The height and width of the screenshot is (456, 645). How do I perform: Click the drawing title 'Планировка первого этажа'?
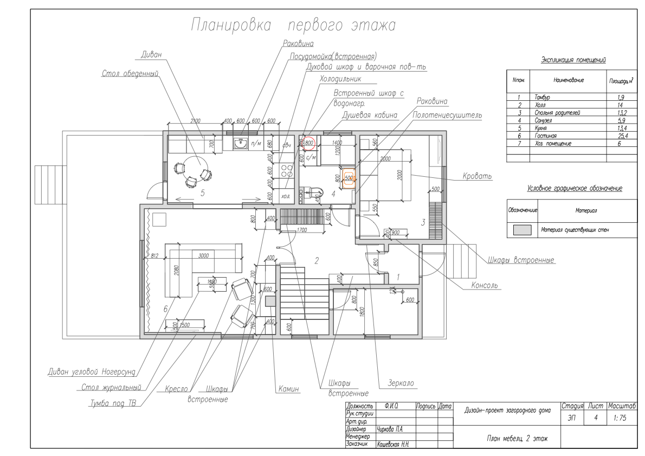293,25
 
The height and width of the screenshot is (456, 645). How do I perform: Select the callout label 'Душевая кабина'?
370,115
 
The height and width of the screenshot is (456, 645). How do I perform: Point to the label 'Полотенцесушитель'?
447,115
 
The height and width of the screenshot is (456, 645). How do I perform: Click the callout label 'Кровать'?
477,177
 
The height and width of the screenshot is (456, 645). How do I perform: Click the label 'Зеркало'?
401,383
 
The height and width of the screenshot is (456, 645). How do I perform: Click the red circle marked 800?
309,143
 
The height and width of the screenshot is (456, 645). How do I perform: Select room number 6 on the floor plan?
164,310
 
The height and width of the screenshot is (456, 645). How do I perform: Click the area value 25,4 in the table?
622,136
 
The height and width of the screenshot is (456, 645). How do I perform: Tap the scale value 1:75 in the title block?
621,418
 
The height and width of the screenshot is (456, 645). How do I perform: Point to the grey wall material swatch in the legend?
522,229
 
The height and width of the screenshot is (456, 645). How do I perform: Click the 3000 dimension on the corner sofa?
204,256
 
